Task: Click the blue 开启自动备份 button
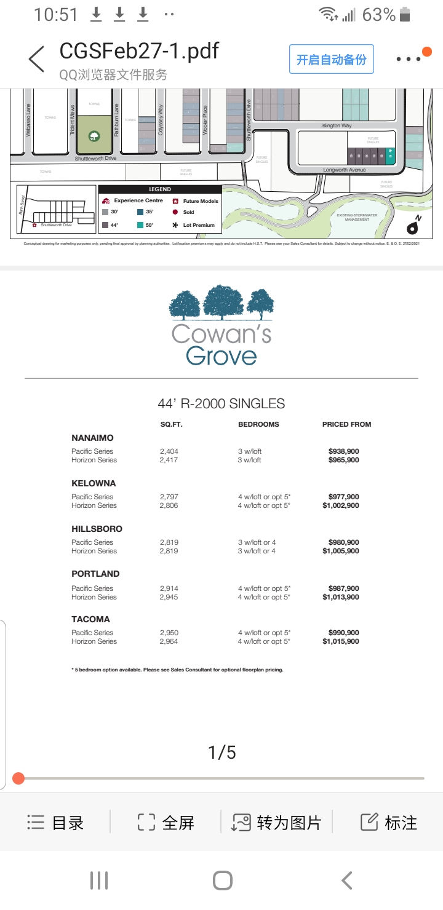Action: click(331, 59)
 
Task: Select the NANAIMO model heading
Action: click(92, 438)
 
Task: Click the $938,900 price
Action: click(344, 451)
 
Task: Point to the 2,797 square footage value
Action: click(169, 497)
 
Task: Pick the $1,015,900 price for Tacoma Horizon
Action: click(341, 641)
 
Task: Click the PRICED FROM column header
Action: click(346, 424)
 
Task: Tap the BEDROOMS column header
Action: click(258, 424)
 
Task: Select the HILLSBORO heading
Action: click(97, 529)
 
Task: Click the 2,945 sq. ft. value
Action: click(169, 597)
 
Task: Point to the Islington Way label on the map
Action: click(337, 125)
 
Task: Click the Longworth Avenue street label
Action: click(344, 170)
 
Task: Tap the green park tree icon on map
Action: click(94, 135)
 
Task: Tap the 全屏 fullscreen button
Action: click(166, 823)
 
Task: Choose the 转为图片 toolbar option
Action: click(276, 823)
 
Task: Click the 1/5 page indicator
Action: click(221, 752)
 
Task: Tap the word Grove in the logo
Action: click(221, 355)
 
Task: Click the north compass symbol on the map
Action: click(412, 227)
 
